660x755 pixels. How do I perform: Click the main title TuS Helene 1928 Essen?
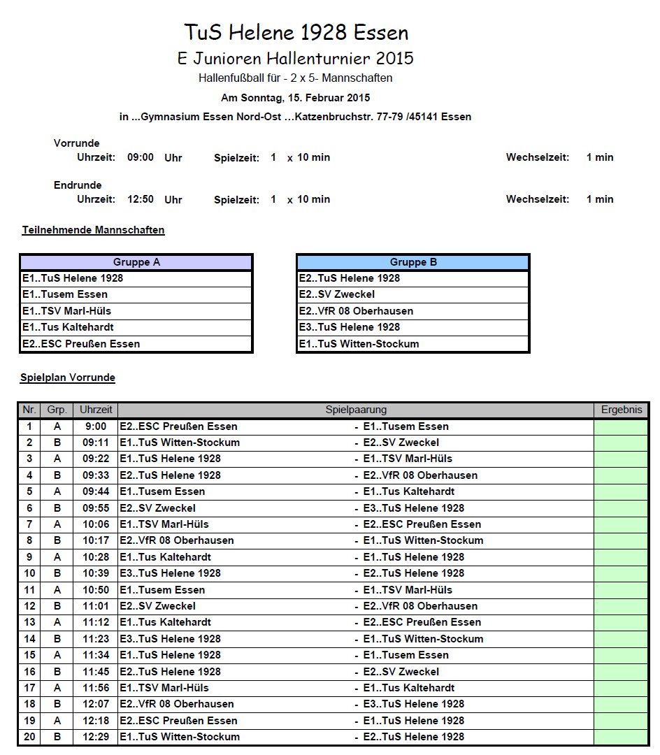point(296,32)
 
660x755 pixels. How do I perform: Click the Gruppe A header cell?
point(136,262)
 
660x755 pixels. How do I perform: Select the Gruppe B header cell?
point(413,262)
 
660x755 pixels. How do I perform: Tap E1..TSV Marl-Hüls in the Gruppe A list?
point(66,311)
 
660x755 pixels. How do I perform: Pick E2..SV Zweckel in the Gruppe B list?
point(337,294)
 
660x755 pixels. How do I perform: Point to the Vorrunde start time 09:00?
point(140,157)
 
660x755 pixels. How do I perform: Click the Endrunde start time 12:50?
point(140,199)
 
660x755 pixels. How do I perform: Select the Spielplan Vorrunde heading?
point(68,377)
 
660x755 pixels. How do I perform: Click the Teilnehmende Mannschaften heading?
point(93,229)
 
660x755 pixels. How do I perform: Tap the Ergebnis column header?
point(621,410)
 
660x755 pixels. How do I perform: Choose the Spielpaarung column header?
point(356,410)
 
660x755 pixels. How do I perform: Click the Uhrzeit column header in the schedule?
point(95,410)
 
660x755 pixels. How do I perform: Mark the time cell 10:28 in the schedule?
point(95,557)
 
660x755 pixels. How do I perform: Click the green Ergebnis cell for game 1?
point(621,426)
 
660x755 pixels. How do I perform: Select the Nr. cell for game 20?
point(29,737)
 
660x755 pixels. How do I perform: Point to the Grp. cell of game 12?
point(57,606)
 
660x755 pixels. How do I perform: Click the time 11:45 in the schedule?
point(95,672)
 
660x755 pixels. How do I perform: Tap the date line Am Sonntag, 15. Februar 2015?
point(296,98)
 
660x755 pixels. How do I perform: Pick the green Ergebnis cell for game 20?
point(621,737)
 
